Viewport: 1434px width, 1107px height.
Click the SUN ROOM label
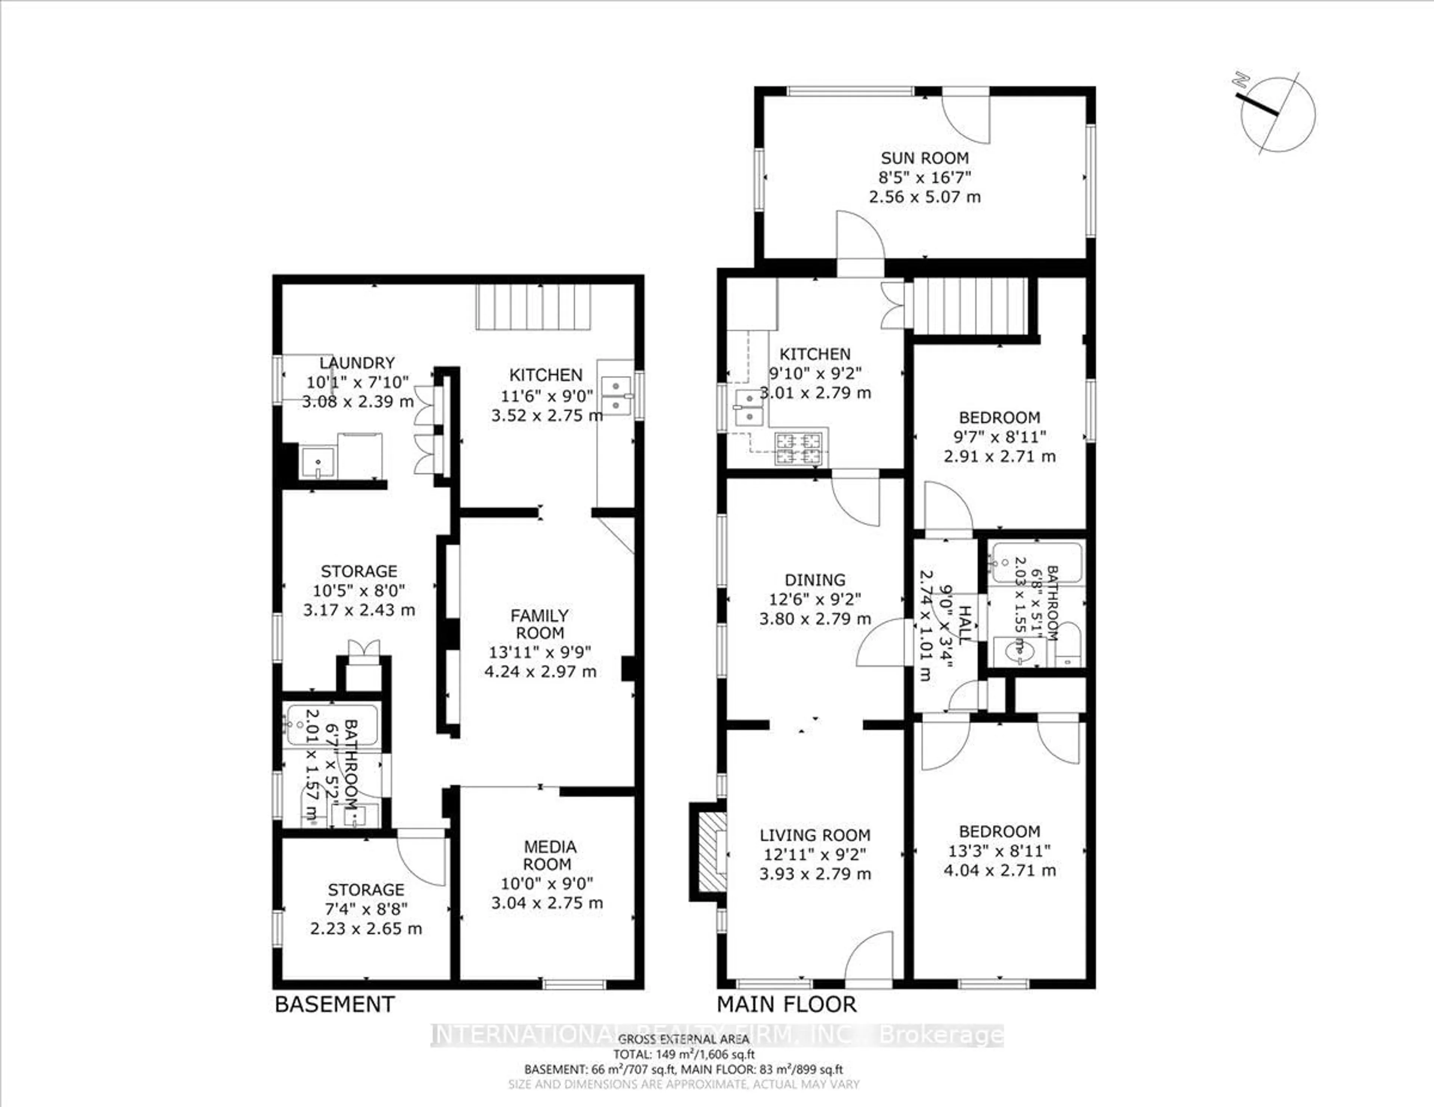925,158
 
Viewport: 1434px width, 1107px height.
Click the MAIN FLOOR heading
786,1004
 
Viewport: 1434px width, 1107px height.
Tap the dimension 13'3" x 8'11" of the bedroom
999,851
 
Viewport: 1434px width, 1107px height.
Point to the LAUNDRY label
357,363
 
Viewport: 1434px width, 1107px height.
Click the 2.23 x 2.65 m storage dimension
366,929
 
